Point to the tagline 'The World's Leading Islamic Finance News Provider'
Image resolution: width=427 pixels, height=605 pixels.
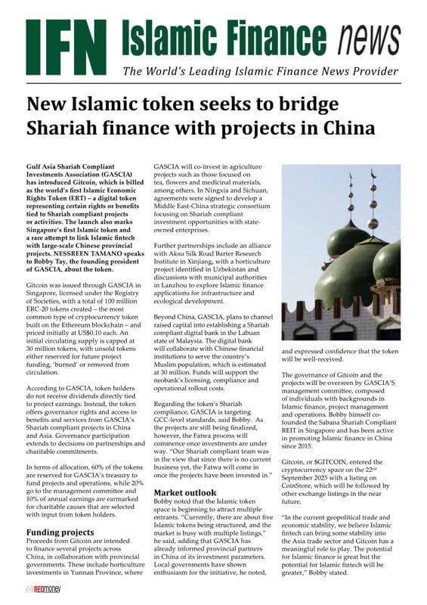[x=260, y=72]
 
